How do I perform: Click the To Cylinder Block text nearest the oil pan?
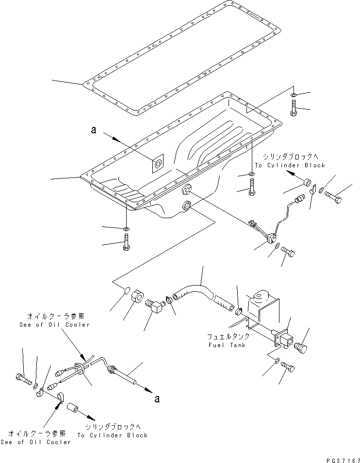click(290, 165)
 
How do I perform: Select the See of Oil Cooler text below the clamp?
click(39, 442)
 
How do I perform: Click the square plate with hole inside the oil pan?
click(157, 164)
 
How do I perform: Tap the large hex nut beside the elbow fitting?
click(137, 296)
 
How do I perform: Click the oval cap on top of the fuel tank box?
click(261, 294)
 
